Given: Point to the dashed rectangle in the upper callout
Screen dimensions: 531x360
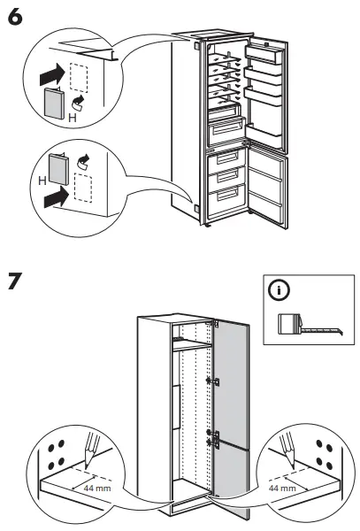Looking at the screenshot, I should (80, 78).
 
